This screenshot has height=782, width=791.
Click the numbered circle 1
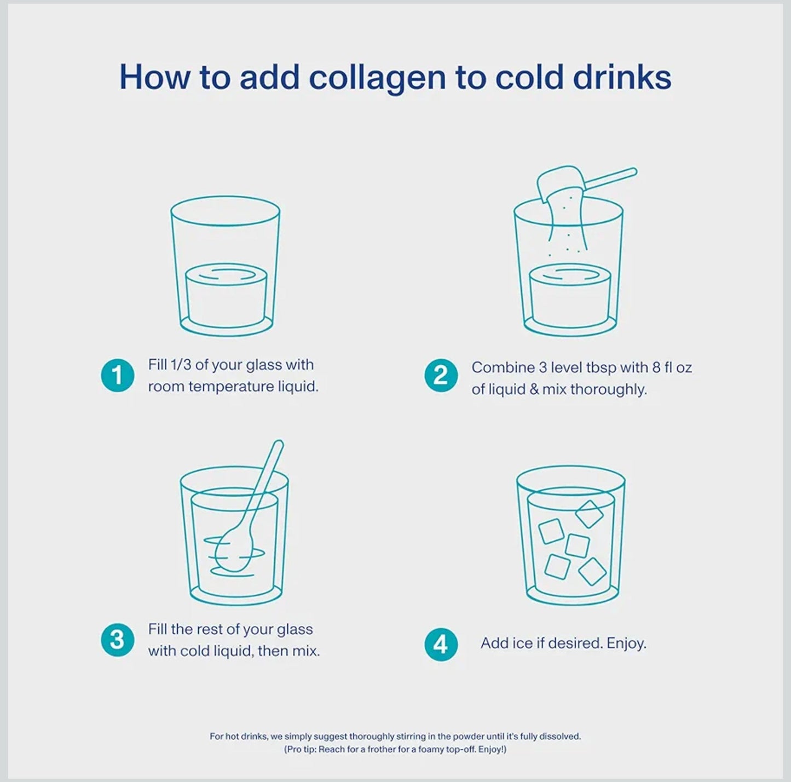coord(117,376)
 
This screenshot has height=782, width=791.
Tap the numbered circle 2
coord(441,376)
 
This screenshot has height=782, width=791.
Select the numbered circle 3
coord(117,640)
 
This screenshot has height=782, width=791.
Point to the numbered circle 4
coord(441,644)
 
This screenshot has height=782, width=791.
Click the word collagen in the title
coord(377,78)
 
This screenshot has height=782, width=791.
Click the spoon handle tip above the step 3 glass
coord(279,444)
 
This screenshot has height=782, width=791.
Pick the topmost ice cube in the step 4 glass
coord(590,514)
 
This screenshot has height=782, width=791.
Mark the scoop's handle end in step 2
coord(634,171)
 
